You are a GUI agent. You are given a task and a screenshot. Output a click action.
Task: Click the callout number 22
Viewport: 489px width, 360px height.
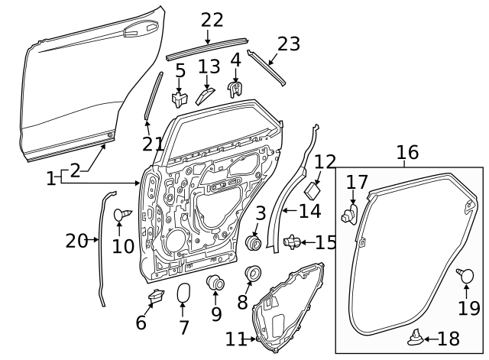click(212, 21)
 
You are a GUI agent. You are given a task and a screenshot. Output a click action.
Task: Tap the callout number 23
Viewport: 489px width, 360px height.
click(288, 44)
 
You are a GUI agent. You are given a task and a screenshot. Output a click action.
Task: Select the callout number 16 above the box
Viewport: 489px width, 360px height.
click(407, 152)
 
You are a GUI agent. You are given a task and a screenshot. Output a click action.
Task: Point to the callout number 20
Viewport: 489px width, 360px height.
click(76, 241)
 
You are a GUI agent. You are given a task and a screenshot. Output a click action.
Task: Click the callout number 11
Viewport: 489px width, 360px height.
click(237, 338)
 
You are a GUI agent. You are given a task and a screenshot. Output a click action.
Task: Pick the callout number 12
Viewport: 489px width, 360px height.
click(325, 161)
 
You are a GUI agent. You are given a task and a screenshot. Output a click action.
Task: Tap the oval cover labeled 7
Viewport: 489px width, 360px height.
click(183, 294)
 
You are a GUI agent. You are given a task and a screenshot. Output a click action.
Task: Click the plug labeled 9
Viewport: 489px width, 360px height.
click(216, 284)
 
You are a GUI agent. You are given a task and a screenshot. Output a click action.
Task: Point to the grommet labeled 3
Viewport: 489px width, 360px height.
click(253, 242)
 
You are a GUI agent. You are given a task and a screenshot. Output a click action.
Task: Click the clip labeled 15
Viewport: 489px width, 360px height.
click(290, 242)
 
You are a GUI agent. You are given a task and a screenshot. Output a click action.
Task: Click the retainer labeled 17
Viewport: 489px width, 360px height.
click(351, 213)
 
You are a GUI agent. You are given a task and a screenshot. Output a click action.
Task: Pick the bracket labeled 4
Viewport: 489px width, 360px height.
click(238, 90)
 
